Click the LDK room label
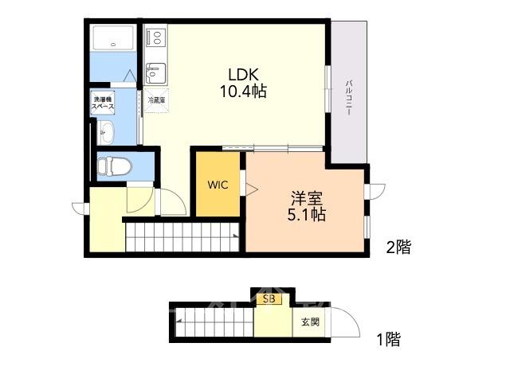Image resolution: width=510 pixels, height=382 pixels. pyautogui.click(x=244, y=75)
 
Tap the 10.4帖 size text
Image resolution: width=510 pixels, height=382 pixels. pyautogui.click(x=244, y=92)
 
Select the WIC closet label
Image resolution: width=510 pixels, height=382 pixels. pyautogui.click(x=218, y=185)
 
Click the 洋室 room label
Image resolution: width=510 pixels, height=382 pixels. pyautogui.click(x=307, y=198)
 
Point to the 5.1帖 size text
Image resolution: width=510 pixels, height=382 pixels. pyautogui.click(x=307, y=214)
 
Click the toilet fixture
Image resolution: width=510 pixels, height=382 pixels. pyautogui.click(x=114, y=166)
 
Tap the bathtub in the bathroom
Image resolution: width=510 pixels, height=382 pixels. pyautogui.click(x=113, y=38)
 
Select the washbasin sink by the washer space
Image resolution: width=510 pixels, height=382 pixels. pyautogui.click(x=106, y=133)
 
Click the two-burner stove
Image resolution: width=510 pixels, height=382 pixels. pyautogui.click(x=156, y=37)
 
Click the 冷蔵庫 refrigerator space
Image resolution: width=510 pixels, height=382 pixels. pyautogui.click(x=156, y=100)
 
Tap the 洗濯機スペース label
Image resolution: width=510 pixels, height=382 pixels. pyautogui.click(x=103, y=103)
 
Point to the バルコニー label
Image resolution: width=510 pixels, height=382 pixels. pyautogui.click(x=349, y=98)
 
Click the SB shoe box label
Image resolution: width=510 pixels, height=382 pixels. pyautogui.click(x=269, y=299)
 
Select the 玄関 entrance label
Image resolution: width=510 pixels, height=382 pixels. pyautogui.click(x=310, y=322)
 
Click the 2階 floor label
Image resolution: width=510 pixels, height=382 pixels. pyautogui.click(x=398, y=248)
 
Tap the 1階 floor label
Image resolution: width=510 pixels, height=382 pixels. pyautogui.click(x=389, y=340)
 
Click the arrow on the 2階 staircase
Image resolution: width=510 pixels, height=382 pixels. pyautogui.click(x=235, y=235)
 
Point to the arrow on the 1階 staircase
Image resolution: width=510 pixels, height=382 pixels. pyautogui.click(x=178, y=321)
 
